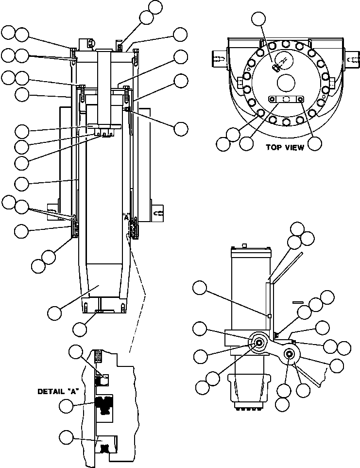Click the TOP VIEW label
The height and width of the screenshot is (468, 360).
(284, 148)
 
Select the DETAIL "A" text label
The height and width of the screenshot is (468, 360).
(58, 390)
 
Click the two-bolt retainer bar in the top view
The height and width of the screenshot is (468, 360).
(287, 99)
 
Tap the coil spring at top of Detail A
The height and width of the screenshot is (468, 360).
(98, 356)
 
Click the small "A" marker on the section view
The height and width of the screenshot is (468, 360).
(127, 218)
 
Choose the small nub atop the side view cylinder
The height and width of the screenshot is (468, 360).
(246, 245)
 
